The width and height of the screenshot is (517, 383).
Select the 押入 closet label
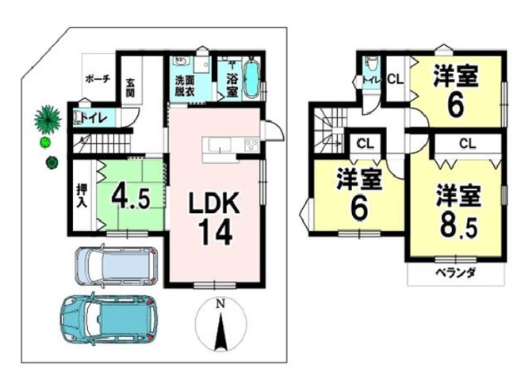click(x=82, y=195)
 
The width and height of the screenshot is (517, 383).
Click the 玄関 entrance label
click(x=131, y=86)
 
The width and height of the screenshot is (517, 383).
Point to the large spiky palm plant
click(x=48, y=119)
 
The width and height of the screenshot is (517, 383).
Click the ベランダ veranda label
click(x=455, y=274)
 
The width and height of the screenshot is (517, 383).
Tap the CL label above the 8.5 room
click(x=466, y=143)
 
